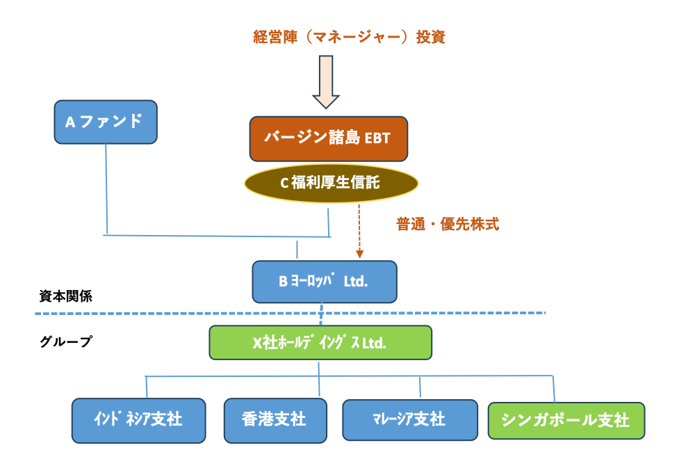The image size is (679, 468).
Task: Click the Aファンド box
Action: click(106, 122)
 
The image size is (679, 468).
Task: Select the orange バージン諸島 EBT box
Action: click(328, 138)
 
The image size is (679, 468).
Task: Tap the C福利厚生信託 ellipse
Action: click(331, 183)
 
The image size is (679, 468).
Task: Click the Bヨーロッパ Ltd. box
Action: click(324, 282)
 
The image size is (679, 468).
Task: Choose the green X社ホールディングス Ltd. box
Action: click(320, 343)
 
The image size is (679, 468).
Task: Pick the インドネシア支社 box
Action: click(138, 420)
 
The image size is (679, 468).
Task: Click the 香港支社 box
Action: click(275, 420)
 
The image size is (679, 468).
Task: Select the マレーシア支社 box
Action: click(409, 419)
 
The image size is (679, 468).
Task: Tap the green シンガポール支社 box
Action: click(566, 421)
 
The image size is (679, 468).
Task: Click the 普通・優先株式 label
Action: click(447, 224)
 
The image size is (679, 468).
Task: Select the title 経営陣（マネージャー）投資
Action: click(349, 37)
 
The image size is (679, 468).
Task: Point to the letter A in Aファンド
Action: click(70, 122)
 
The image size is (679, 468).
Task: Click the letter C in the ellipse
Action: click(284, 184)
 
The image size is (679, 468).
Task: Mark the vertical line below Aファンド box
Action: click(106, 188)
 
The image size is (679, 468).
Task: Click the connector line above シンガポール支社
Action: click(553, 389)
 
